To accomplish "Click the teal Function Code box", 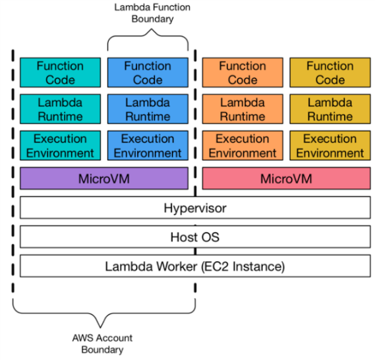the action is click(60, 73).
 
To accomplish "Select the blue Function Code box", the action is click(148, 73).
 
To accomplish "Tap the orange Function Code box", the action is click(243, 73).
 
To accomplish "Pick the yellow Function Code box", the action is click(330, 73).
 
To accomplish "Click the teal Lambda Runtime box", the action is click(60, 109).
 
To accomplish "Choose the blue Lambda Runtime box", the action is click(148, 109).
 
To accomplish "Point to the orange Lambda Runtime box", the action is click(243, 109).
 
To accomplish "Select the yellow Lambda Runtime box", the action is click(330, 109).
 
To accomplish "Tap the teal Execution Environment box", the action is click(60, 146).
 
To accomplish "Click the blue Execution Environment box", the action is click(148, 146).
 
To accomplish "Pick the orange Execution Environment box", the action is click(243, 146).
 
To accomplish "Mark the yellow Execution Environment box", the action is click(330, 146).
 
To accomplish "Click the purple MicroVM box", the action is click(104, 179).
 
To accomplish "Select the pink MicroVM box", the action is click(286, 179).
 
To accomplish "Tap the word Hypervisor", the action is click(195, 208).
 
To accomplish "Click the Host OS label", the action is click(195, 237).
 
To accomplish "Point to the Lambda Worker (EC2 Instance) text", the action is click(195, 266).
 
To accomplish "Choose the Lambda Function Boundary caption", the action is click(152, 13).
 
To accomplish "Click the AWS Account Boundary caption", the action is click(102, 344).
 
